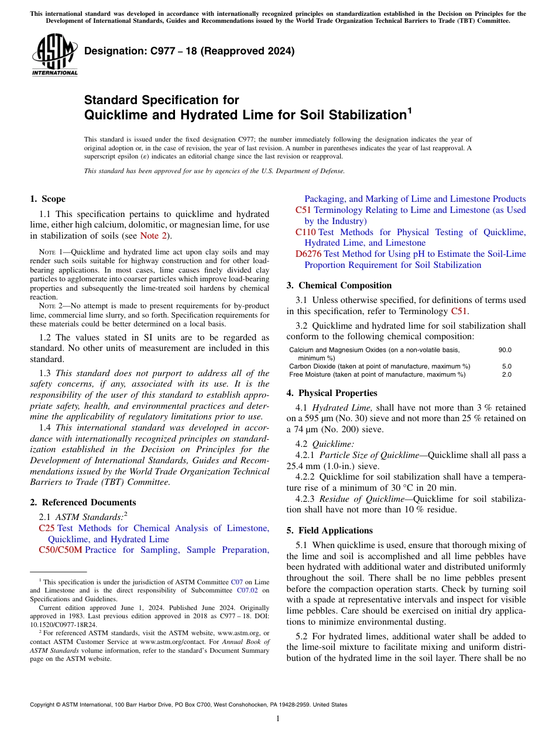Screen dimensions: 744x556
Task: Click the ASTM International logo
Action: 54,56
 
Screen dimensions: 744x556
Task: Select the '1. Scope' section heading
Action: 48,199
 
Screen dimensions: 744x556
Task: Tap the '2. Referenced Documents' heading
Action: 83,502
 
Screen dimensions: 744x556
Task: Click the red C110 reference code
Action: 306,232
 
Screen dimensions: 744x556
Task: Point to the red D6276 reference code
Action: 308,254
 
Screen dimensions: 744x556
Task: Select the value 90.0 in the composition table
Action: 504,350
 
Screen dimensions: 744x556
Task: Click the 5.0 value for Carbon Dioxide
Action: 506,366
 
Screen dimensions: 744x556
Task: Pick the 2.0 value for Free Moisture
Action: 506,374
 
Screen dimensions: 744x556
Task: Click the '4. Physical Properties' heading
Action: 332,393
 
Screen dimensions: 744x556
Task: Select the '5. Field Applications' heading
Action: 330,531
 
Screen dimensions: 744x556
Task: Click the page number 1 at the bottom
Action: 278,718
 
